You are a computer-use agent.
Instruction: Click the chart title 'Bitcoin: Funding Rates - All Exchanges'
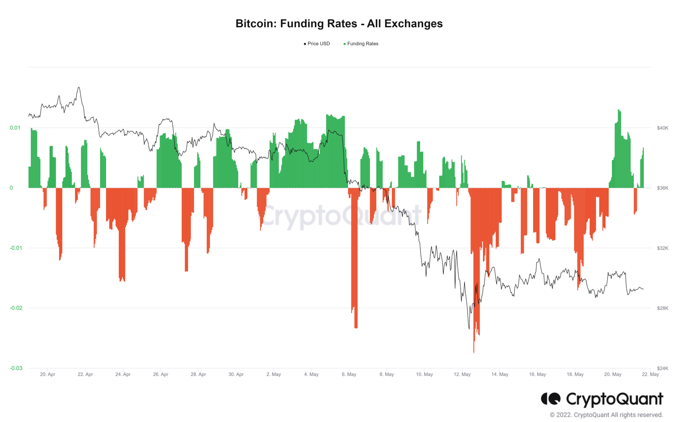(339, 24)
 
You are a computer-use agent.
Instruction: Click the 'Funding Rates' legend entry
(362, 44)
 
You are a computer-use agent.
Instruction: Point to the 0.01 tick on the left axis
(15, 128)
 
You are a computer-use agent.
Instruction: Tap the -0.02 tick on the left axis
(16, 308)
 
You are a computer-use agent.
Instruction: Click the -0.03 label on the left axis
(16, 368)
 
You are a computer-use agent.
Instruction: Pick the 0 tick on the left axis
(11, 188)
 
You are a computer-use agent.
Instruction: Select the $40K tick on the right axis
(662, 128)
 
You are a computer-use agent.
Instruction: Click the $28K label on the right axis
(662, 308)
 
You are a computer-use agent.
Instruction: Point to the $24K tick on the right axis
(662, 368)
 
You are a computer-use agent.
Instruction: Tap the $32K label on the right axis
(662, 248)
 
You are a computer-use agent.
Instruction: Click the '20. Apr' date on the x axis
(47, 375)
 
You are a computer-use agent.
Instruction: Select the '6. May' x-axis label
(349, 375)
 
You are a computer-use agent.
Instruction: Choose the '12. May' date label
(462, 375)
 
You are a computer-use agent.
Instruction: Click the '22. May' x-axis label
(650, 375)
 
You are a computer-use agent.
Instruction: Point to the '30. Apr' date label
(236, 375)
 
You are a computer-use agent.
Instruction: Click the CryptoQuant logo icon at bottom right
(551, 399)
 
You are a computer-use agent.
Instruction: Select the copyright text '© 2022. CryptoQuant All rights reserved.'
(606, 415)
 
